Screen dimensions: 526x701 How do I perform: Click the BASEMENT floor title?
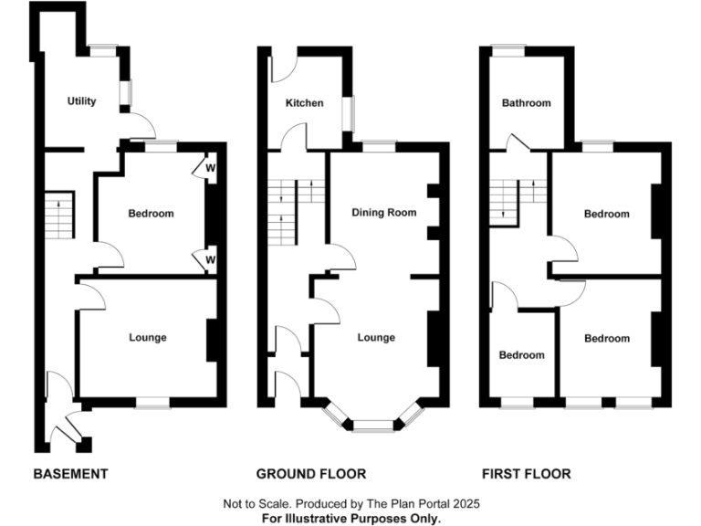tap(70, 474)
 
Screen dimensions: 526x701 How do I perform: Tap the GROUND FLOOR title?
tap(310, 474)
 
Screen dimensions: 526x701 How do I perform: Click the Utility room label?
tap(81, 101)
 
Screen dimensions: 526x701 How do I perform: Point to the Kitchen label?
tap(304, 103)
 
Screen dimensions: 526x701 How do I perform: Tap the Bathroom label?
tap(527, 103)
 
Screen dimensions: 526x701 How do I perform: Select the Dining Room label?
tap(384, 213)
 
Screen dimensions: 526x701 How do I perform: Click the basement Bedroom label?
tap(151, 214)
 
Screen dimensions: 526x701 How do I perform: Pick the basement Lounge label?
tap(148, 338)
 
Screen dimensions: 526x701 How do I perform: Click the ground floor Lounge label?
tap(376, 338)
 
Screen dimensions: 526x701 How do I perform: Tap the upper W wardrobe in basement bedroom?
tap(209, 169)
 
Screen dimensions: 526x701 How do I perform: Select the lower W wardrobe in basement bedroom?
tap(209, 260)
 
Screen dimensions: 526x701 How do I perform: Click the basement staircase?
tap(58, 216)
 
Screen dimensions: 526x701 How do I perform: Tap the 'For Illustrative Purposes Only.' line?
tap(350, 518)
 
